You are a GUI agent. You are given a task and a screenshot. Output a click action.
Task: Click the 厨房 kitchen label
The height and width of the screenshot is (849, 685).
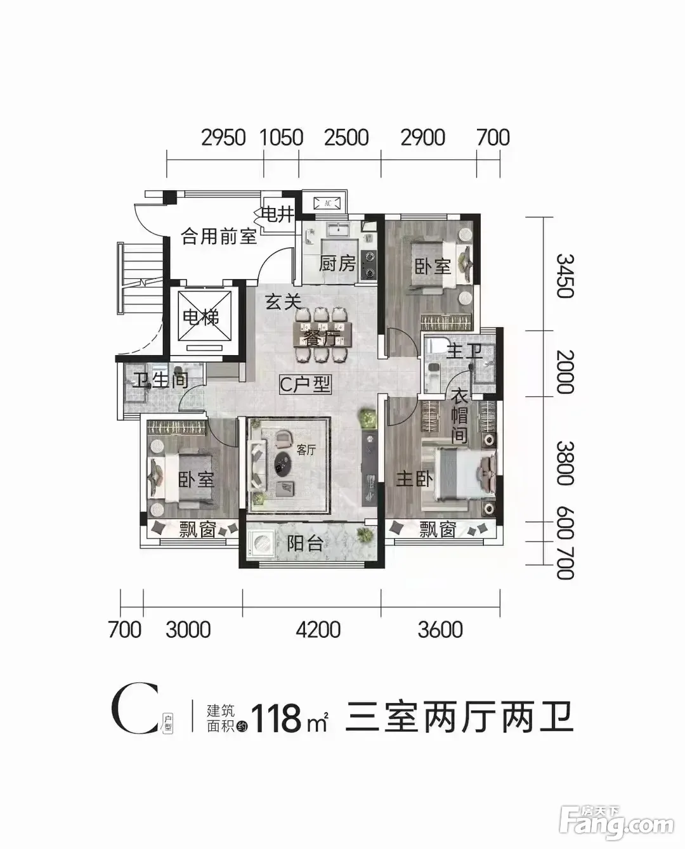(337, 264)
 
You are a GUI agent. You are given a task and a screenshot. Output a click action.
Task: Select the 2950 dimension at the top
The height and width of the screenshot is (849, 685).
(223, 138)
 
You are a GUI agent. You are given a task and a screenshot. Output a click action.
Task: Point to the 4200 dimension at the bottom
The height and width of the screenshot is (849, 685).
(318, 630)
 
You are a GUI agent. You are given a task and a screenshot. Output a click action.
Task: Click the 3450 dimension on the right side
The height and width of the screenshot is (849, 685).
(564, 276)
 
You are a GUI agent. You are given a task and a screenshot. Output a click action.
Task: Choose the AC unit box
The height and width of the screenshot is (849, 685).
(327, 204)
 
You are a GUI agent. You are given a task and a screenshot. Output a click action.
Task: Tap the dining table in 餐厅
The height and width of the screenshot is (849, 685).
(322, 335)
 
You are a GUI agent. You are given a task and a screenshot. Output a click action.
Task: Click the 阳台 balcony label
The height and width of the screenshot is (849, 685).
(304, 544)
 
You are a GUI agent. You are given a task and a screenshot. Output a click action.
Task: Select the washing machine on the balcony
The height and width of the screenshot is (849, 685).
(261, 545)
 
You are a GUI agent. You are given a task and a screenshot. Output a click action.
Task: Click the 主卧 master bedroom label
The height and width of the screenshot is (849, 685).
(415, 479)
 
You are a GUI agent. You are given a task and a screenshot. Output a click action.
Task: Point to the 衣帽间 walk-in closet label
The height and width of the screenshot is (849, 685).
(459, 415)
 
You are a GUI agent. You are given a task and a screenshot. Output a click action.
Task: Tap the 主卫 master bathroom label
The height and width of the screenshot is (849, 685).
(464, 351)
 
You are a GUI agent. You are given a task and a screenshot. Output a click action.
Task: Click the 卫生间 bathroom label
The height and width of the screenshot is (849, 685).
(160, 380)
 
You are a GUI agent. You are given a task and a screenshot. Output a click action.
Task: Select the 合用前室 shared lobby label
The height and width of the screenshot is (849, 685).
(219, 237)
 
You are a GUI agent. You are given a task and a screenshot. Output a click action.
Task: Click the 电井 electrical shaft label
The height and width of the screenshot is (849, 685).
(278, 214)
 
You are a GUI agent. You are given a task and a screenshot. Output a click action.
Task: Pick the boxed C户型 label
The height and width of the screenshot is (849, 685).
(305, 384)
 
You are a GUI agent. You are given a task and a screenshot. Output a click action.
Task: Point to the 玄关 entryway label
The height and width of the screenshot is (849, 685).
(283, 302)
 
